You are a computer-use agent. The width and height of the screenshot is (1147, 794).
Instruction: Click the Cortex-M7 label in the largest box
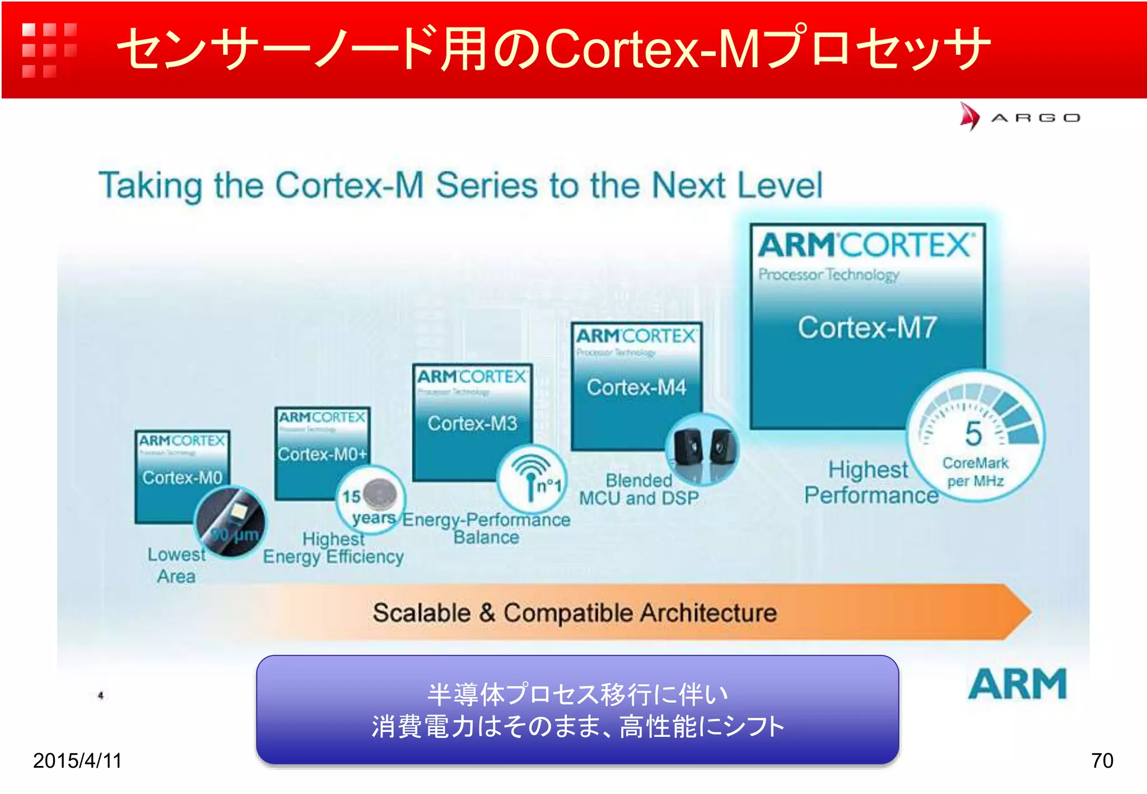click(866, 328)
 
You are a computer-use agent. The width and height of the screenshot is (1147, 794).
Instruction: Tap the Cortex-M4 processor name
click(636, 387)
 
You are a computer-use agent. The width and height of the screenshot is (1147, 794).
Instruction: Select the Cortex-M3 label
click(472, 423)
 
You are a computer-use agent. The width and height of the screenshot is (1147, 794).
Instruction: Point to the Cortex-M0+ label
click(322, 454)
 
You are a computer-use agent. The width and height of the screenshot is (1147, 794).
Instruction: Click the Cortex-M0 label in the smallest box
click(182, 478)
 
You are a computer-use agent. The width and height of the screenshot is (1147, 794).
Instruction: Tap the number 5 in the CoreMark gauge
click(973, 433)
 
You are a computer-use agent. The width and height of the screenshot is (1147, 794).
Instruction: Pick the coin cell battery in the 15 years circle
click(380, 494)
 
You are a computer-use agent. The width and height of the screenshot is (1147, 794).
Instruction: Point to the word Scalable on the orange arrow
click(422, 613)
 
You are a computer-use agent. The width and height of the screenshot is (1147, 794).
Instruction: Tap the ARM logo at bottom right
click(1017, 684)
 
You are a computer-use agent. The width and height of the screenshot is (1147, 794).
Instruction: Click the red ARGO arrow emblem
click(970, 116)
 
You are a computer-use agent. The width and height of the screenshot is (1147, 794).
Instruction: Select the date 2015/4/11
click(77, 760)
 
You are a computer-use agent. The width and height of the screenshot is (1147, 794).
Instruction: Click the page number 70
click(1102, 760)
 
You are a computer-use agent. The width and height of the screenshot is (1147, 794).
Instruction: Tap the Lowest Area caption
click(176, 565)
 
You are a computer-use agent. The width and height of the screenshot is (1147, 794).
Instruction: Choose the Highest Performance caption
click(870, 483)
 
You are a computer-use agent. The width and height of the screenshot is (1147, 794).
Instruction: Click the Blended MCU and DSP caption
click(639, 489)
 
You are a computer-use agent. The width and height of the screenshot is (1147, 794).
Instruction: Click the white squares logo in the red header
click(49, 49)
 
